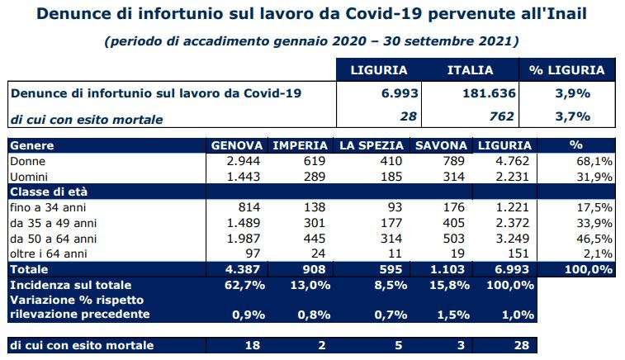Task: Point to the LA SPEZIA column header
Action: tap(370, 145)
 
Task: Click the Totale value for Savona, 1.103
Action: tap(452, 269)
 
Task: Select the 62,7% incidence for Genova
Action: tap(241, 284)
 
